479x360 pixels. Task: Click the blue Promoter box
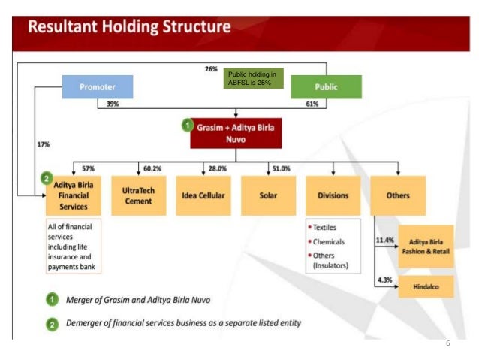pyautogui.click(x=98, y=87)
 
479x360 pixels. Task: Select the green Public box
pyautogui.click(x=326, y=87)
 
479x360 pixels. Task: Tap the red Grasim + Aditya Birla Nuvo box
pyautogui.click(x=236, y=133)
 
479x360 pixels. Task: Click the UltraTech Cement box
pyautogui.click(x=138, y=195)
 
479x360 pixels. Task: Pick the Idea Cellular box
pyautogui.click(x=203, y=195)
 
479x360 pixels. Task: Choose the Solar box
pyautogui.click(x=268, y=195)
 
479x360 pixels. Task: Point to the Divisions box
pyautogui.click(x=333, y=195)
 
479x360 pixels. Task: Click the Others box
pyautogui.click(x=398, y=195)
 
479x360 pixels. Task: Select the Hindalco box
pyautogui.click(x=425, y=286)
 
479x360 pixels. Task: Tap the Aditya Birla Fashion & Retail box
pyautogui.click(x=425, y=246)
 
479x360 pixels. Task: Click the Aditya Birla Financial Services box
pyautogui.click(x=73, y=195)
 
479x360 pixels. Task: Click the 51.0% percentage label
pyautogui.click(x=282, y=168)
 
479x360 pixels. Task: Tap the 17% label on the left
pyautogui.click(x=43, y=144)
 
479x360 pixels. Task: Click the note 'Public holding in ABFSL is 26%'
pyautogui.click(x=255, y=79)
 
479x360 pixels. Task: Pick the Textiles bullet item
pyautogui.click(x=326, y=227)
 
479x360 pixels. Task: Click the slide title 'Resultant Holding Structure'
pyautogui.click(x=129, y=28)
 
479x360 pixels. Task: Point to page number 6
pyautogui.click(x=447, y=343)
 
